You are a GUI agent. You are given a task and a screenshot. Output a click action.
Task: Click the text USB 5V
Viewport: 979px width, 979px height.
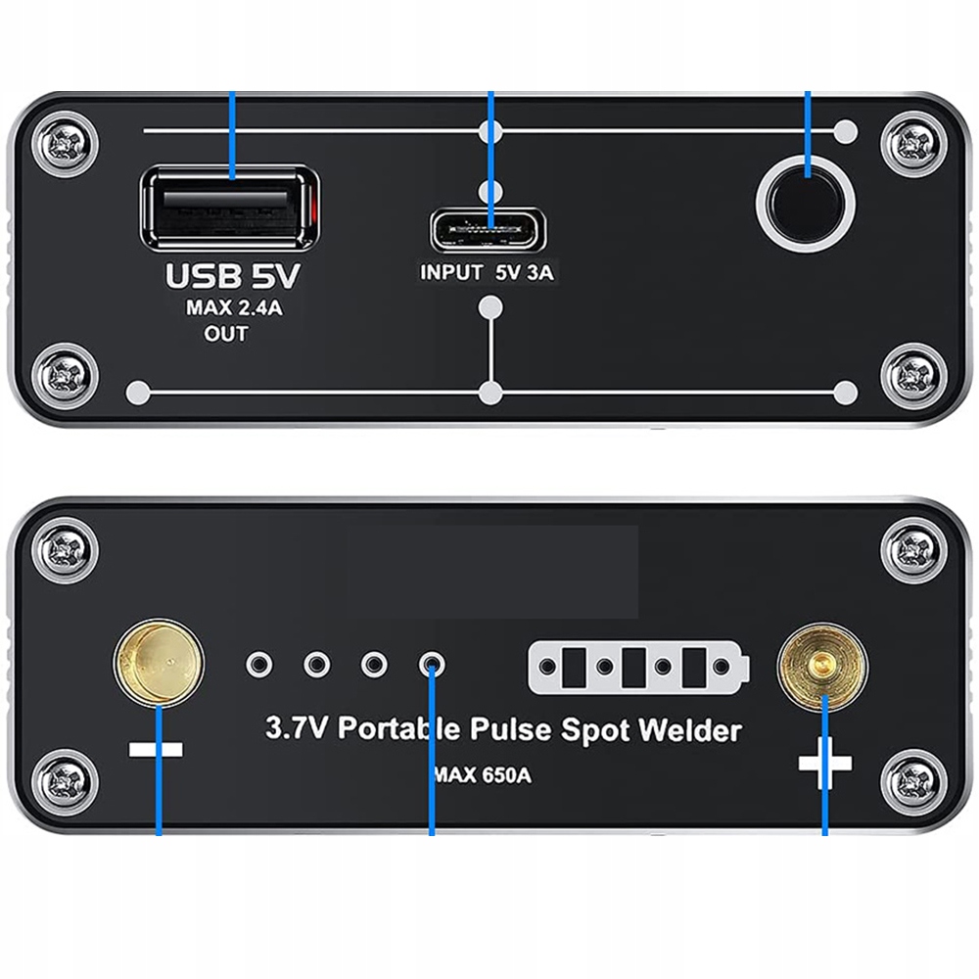[232, 276]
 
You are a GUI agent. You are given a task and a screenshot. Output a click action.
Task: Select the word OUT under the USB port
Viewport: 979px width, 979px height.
[226, 334]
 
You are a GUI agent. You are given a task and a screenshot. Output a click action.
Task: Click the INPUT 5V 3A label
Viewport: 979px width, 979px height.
[487, 273]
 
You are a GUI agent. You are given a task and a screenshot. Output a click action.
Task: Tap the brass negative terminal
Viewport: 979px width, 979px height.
[160, 663]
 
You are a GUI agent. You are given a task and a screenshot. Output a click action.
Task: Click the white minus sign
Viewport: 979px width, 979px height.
[156, 750]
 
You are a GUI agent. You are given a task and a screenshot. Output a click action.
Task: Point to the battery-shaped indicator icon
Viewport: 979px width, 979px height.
[638, 668]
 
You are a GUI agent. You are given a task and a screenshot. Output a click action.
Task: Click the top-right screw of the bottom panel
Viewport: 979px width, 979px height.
[912, 548]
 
